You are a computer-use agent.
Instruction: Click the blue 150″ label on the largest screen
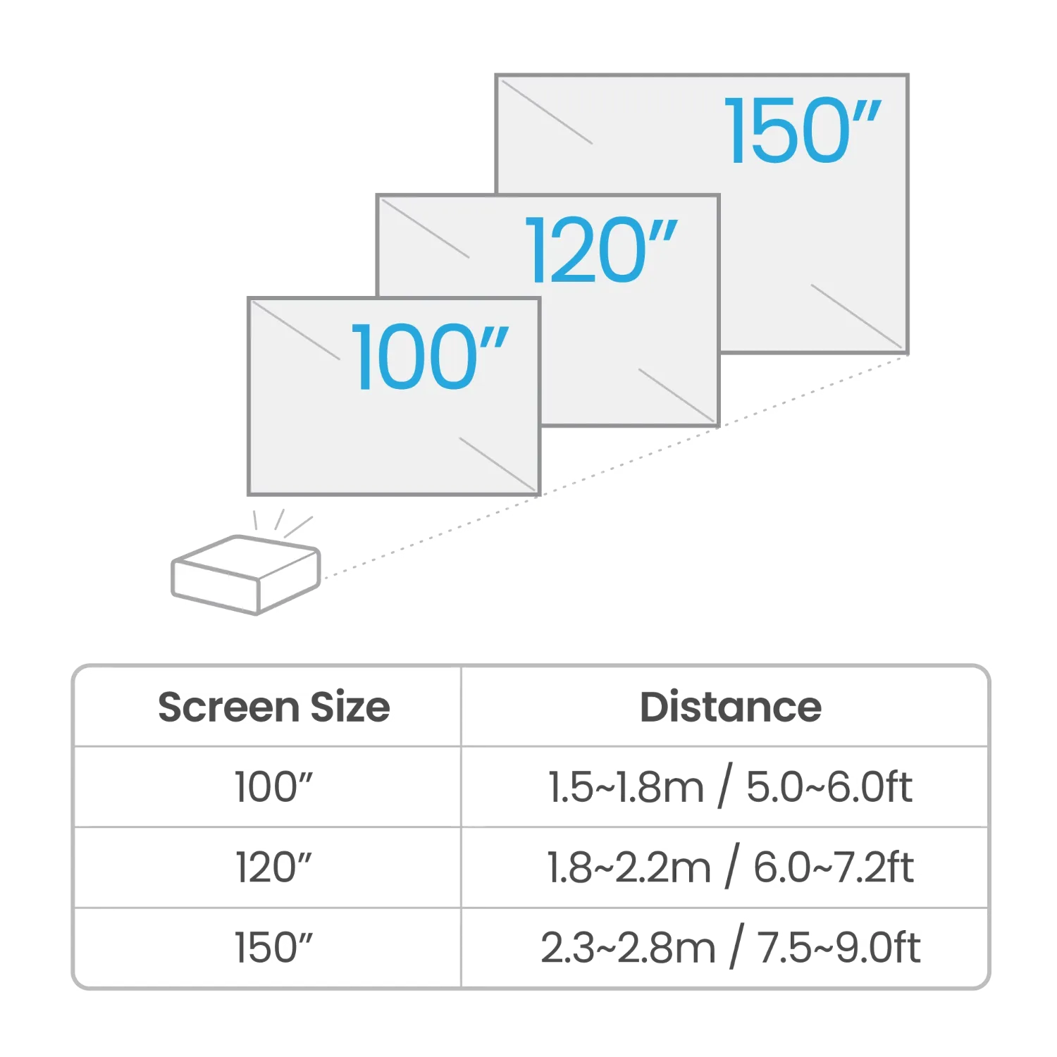[803, 132]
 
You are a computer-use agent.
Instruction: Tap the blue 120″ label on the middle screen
[602, 250]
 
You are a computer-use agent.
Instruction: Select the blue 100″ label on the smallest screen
[430, 356]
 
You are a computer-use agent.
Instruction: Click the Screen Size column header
[273, 707]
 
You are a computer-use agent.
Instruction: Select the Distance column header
[729, 707]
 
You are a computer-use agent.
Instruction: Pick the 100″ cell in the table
[273, 788]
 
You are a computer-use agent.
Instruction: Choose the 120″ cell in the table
[273, 867]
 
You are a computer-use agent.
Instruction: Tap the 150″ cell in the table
[273, 946]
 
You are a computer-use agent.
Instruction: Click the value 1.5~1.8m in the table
[624, 788]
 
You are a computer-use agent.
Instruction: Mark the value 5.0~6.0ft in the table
[828, 788]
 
